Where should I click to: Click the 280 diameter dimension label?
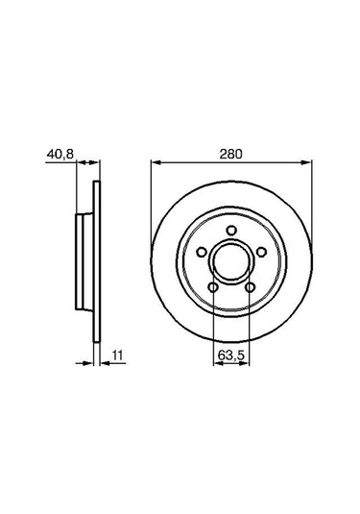230,152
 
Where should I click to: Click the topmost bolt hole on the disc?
230,229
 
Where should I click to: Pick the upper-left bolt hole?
202,252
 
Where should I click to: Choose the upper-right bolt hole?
259,252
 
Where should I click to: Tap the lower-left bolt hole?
212,285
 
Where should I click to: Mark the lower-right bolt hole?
249,285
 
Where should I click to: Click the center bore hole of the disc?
230,261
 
